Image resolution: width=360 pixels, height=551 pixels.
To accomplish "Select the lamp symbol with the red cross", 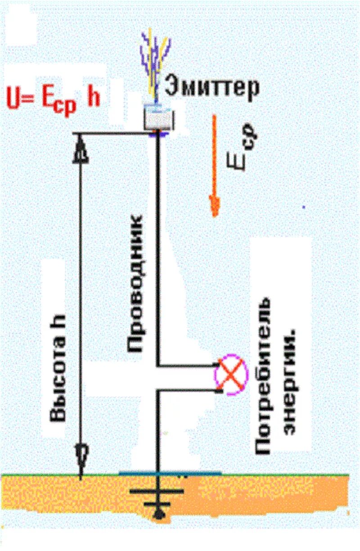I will click(x=232, y=376).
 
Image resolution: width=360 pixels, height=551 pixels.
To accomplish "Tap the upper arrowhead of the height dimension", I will click(x=81, y=151).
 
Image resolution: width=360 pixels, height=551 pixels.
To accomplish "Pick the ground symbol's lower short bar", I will click(x=157, y=504).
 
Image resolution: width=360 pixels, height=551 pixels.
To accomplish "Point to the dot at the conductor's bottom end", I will click(x=157, y=515).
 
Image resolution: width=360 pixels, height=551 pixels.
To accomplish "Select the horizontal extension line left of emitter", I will click(x=112, y=133).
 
